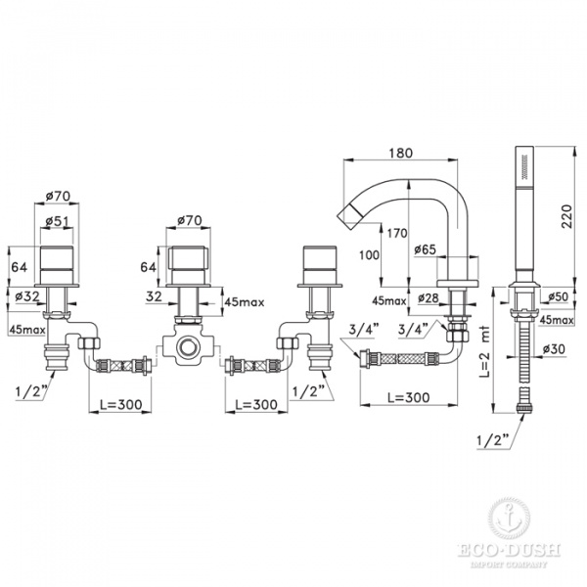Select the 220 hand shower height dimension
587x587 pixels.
pyautogui.click(x=565, y=218)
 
